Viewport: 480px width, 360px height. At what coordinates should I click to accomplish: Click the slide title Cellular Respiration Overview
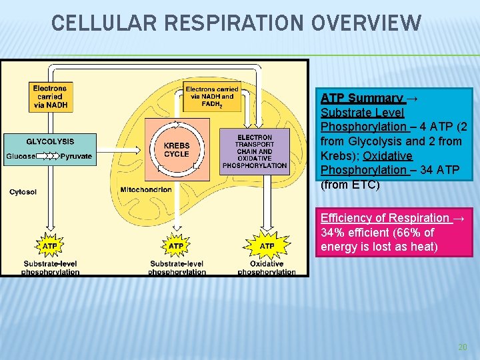tap(237, 24)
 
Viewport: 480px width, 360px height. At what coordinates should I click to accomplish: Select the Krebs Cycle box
tap(177, 150)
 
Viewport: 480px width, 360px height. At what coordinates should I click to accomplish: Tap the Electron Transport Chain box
tap(255, 151)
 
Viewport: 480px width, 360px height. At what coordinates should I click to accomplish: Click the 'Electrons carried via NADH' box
tap(50, 96)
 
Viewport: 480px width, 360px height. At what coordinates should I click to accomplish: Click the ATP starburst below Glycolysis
tap(50, 246)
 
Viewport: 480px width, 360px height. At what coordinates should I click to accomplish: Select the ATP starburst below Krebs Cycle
tap(176, 246)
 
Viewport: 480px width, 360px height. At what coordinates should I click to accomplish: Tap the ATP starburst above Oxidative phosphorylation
tap(267, 246)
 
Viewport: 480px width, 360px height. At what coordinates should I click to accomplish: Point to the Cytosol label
tap(23, 192)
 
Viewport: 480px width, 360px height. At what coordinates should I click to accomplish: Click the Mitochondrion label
tap(146, 190)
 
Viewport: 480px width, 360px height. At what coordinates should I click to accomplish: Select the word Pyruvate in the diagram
tap(76, 156)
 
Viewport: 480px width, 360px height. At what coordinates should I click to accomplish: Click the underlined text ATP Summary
tap(362, 98)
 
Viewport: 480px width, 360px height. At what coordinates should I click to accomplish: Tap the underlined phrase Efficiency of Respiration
tap(385, 218)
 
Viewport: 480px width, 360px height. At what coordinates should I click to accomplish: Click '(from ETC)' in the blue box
tap(350, 185)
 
